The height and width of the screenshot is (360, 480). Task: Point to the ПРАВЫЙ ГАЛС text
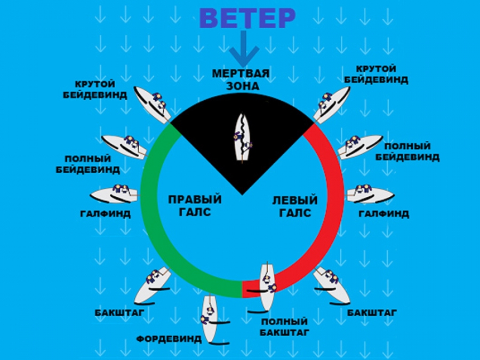(x=195, y=205)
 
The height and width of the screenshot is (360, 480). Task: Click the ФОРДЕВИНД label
(x=169, y=338)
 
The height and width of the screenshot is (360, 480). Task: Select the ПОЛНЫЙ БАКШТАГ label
(x=284, y=327)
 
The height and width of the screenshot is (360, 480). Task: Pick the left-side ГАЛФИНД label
(x=106, y=213)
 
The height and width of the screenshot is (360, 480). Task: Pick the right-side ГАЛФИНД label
(x=383, y=214)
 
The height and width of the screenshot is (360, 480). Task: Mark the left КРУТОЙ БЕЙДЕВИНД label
(x=101, y=90)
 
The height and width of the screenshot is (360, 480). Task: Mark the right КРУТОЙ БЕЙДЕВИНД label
(x=377, y=75)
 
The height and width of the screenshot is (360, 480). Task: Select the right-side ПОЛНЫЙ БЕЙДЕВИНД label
(x=407, y=151)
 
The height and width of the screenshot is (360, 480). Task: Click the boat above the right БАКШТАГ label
(x=331, y=283)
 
